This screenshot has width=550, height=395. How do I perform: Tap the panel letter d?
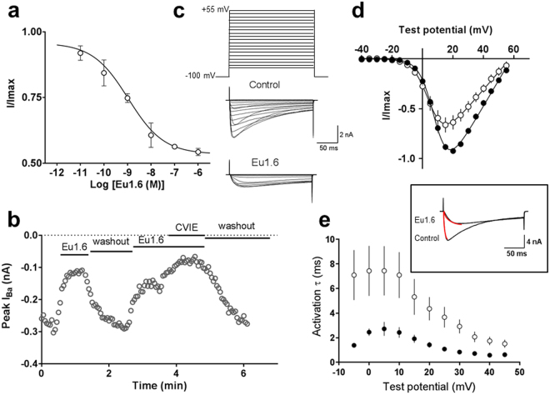360,12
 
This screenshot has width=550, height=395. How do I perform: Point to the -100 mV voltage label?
201,76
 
